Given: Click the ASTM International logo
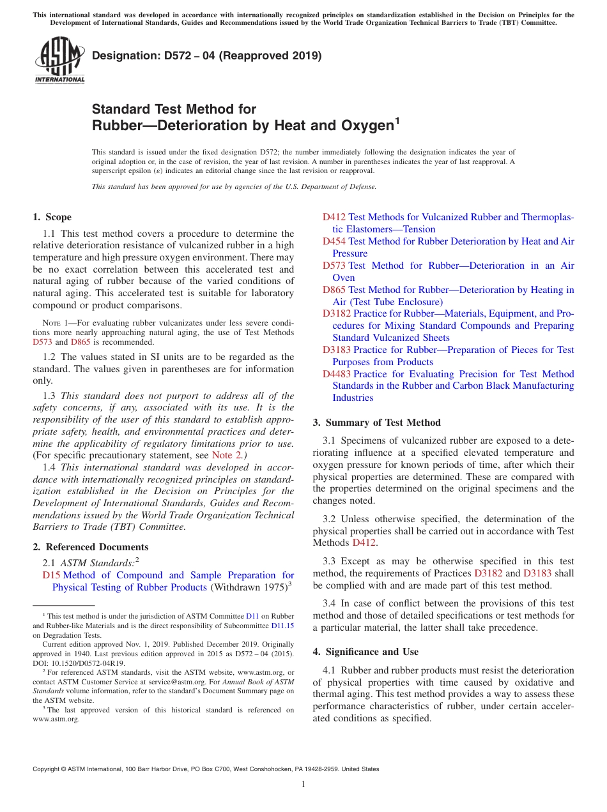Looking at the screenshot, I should (59, 61).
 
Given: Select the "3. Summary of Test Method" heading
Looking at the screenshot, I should (376, 423).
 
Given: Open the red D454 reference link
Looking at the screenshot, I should (334, 241).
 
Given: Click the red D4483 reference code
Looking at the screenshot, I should (337, 374).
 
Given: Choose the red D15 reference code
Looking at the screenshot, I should (51, 575).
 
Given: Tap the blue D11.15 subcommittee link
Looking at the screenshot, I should (283, 626).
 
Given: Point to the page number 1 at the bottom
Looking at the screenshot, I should (303, 785).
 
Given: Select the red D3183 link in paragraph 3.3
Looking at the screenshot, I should (537, 573).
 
